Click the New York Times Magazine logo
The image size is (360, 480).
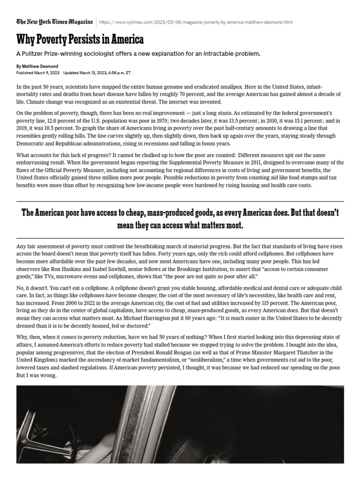54,22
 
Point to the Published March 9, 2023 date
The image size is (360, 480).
38,74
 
